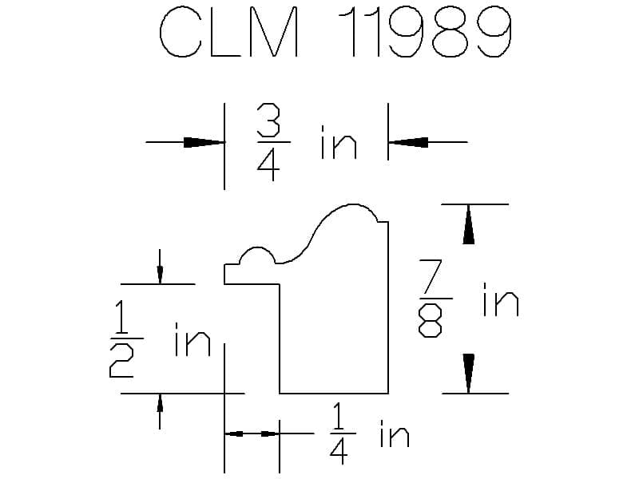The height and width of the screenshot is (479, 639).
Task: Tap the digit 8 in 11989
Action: click(450, 32)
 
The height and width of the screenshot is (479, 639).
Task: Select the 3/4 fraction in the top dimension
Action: click(269, 142)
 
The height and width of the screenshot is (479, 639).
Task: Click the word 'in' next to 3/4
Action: click(339, 142)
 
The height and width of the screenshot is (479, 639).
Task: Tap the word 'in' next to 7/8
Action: click(501, 299)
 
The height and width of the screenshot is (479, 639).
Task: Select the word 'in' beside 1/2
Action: click(192, 339)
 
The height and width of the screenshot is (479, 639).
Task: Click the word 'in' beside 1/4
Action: click(394, 433)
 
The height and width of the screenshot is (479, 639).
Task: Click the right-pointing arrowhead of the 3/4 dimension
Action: click(204, 142)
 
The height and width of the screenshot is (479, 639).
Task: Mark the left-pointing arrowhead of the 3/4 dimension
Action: click(408, 142)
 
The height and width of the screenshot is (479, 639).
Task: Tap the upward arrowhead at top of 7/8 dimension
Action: click(468, 224)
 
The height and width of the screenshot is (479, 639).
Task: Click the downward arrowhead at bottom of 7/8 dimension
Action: click(468, 374)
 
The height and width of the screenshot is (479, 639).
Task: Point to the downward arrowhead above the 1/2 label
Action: click(160, 275)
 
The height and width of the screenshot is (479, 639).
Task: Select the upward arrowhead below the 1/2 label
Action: click(160, 403)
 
